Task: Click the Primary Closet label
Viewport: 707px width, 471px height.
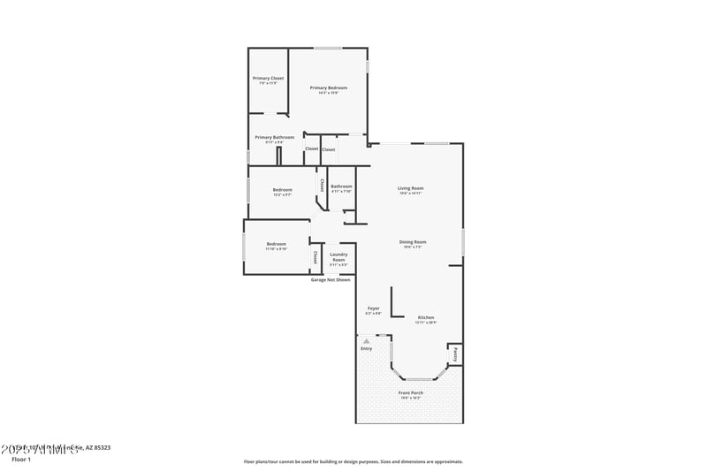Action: [x=269, y=79]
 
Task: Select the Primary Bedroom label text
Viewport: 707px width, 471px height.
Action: [x=328, y=87]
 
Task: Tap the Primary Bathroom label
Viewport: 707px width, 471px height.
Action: [x=274, y=137]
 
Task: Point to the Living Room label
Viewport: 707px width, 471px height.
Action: [x=410, y=188]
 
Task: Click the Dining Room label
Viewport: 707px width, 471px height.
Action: [x=413, y=242]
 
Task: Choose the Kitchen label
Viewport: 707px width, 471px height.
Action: [x=426, y=317]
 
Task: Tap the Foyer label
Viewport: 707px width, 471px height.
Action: [x=373, y=308]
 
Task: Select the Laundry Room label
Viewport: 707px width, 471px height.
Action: [x=338, y=257]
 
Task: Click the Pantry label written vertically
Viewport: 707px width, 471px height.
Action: [x=454, y=354]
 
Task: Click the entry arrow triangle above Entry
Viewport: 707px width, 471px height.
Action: [x=366, y=340]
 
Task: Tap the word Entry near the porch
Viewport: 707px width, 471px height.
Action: [x=366, y=348]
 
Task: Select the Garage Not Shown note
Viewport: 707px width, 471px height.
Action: [x=331, y=280]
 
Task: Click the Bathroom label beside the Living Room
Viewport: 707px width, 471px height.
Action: [x=341, y=186]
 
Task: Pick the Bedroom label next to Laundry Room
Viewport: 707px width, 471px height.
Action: [x=277, y=244]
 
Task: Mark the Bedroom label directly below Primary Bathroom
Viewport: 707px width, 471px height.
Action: [x=282, y=190]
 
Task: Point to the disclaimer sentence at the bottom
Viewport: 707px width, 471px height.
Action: [x=353, y=461]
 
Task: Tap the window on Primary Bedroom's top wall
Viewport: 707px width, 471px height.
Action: [x=329, y=48]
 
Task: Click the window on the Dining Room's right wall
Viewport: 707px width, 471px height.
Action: [x=463, y=241]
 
